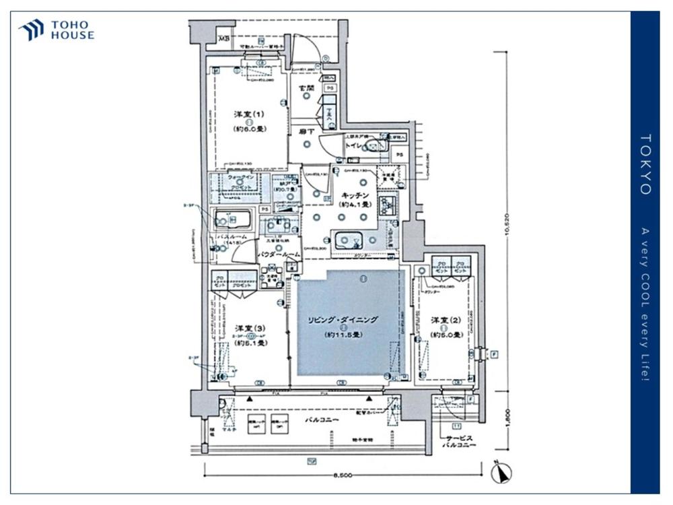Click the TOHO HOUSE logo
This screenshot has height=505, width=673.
click(x=57, y=30)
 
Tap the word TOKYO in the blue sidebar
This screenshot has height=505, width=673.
click(x=645, y=164)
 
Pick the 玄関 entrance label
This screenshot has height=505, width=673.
click(x=307, y=86)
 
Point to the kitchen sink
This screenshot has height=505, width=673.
click(x=348, y=239)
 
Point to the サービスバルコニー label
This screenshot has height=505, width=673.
click(x=459, y=442)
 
